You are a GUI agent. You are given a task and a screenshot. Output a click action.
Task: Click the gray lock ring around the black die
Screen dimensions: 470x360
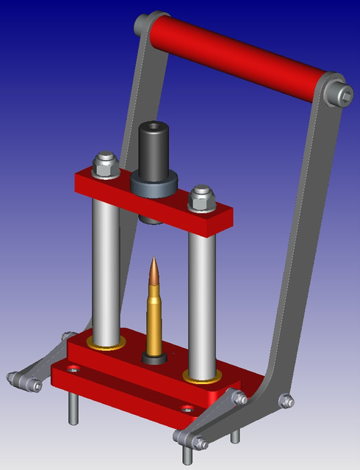(154, 184)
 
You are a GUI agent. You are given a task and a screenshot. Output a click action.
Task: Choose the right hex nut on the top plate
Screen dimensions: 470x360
(201, 198)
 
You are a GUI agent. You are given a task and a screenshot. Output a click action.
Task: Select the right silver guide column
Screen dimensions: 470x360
(201, 301)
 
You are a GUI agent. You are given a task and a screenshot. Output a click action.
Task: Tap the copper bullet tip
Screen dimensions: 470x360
(153, 271)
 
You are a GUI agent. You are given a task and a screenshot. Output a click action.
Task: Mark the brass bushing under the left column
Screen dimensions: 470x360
(106, 344)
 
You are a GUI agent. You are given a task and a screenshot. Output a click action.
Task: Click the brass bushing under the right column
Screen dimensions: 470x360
(200, 377)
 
